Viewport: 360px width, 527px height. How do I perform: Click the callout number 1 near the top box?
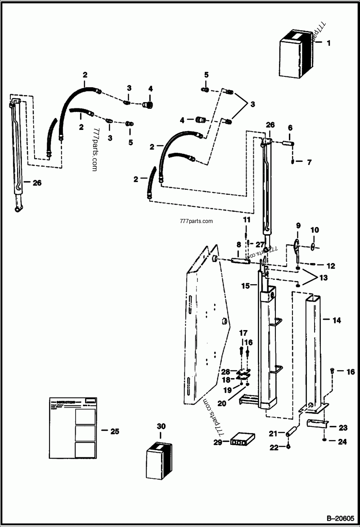[x=328, y=43]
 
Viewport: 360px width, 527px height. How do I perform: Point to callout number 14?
[x=337, y=321]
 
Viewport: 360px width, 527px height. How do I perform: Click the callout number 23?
[x=342, y=428]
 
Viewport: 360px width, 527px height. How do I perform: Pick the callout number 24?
[x=342, y=442]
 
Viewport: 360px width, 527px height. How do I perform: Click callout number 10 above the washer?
[x=315, y=230]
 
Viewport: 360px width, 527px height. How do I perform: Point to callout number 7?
[x=309, y=162]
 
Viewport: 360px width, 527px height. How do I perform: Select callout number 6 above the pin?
[x=290, y=128]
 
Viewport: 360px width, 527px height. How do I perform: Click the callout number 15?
[x=245, y=286]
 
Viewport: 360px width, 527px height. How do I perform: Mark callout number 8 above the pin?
[x=238, y=245]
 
